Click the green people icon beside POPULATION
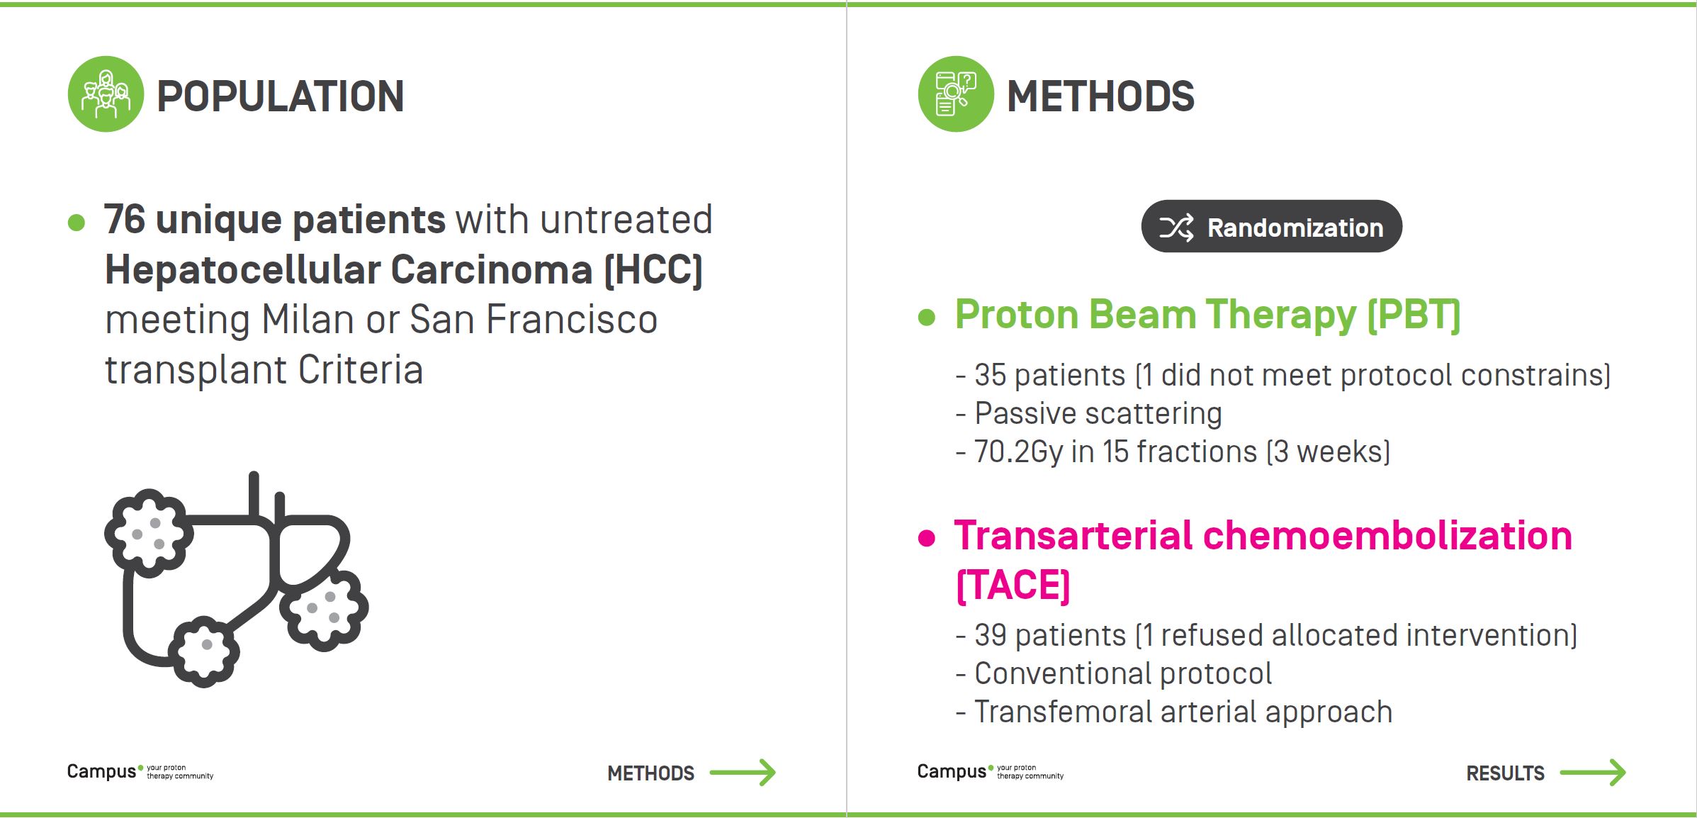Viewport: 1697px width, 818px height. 106,94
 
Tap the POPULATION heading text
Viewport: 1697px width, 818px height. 280,96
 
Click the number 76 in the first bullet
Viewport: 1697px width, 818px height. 125,219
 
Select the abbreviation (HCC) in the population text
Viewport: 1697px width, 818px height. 653,270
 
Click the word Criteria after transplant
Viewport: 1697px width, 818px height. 360,370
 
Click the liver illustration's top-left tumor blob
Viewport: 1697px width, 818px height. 149,532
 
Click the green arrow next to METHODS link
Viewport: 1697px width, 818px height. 743,772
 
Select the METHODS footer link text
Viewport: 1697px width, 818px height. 650,773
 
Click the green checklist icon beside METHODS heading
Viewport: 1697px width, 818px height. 956,94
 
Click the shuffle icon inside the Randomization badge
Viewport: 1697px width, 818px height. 1176,228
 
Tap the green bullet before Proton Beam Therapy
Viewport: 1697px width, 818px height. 926,317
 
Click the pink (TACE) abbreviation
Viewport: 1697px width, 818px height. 1013,586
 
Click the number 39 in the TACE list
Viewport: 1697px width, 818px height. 991,635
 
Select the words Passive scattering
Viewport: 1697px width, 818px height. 1098,414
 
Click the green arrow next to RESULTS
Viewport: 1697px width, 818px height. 1593,772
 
